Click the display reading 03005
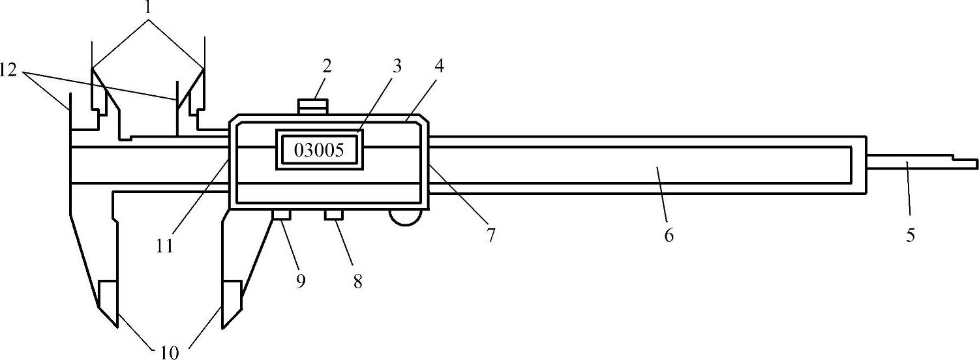319,150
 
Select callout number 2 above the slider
327,66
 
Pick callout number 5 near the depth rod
910,235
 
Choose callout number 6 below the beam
669,235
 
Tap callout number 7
490,234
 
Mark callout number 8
357,282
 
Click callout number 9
301,282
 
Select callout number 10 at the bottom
168,352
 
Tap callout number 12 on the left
9,70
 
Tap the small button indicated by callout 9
282,215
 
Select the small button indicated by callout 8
334,215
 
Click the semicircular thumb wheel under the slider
404,218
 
